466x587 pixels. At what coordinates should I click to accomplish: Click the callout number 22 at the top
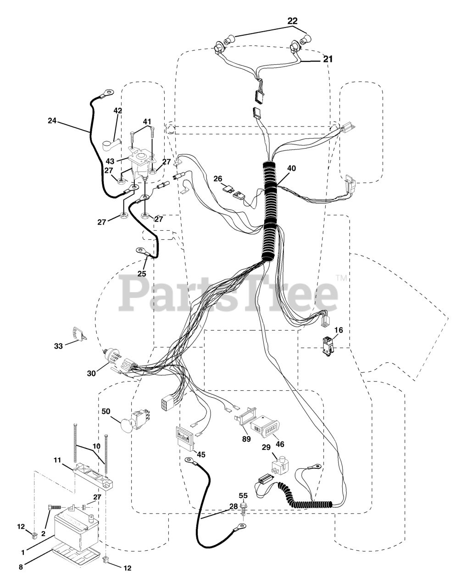click(292, 21)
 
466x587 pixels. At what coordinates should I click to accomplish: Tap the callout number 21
click(328, 59)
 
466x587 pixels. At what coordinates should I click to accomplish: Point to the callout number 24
click(52, 121)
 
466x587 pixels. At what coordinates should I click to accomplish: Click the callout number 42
click(118, 111)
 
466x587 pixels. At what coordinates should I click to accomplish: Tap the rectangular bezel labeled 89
click(242, 419)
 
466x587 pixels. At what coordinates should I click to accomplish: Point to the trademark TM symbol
click(342, 277)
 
